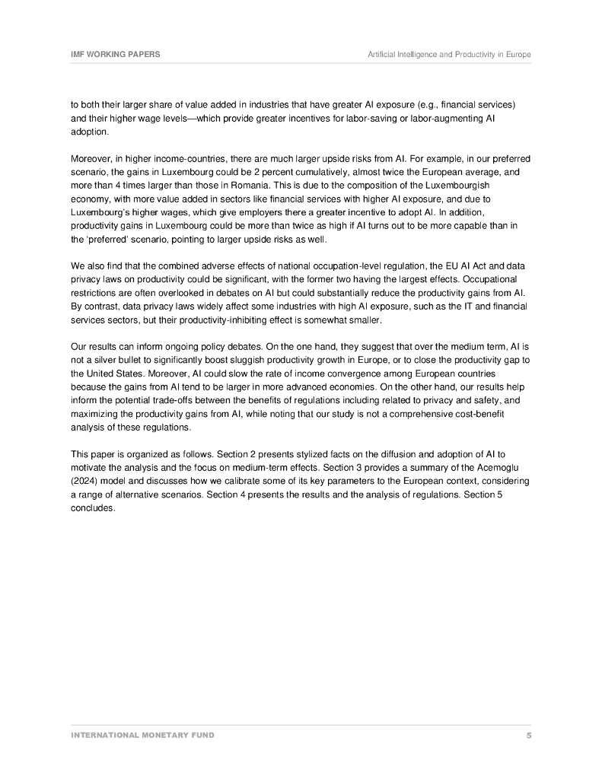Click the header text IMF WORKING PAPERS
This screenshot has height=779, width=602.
coord(115,55)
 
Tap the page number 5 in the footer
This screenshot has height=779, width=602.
coord(528,736)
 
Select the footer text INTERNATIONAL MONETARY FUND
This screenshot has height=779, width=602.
coord(142,736)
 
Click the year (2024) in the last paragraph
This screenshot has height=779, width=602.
coord(84,482)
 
